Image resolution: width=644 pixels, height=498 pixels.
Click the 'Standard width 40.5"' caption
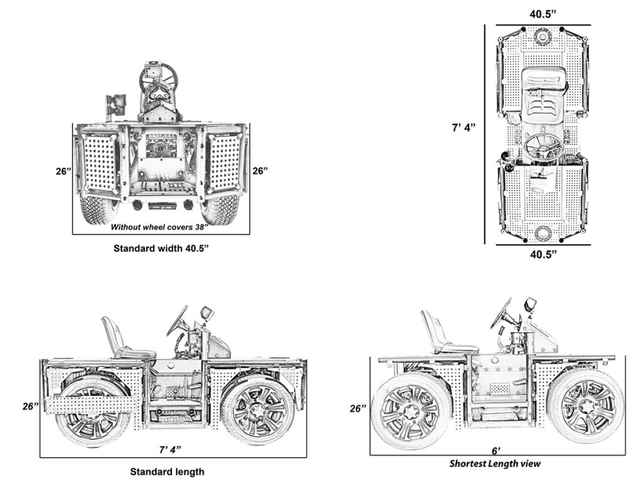coord(160,248)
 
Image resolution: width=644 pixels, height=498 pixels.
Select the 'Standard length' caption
coord(167,471)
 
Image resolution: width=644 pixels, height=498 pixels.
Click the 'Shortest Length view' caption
coord(494,464)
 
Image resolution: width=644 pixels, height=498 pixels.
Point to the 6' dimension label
coord(497,451)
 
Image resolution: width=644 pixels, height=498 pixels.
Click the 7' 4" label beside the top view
coord(464,128)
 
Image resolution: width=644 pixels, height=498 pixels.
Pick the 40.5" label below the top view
coord(542,255)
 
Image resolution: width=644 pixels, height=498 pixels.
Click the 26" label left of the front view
coord(63,170)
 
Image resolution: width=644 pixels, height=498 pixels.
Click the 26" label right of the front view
coord(260,170)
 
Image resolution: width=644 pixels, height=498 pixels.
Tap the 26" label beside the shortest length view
coord(358,408)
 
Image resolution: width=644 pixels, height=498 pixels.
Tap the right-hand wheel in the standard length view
coord(258,409)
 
